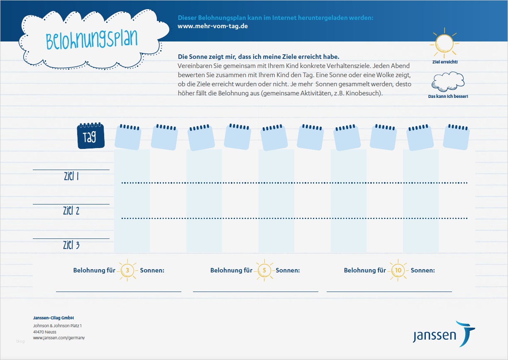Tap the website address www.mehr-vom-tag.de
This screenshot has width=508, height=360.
[213, 26]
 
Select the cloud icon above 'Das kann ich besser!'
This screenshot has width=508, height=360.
[448, 81]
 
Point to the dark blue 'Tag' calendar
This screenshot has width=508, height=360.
[90, 136]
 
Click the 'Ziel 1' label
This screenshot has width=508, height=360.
[71, 177]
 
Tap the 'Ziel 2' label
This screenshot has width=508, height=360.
[71, 211]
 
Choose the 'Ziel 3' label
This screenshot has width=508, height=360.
[71, 246]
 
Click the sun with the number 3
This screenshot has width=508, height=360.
[127, 270]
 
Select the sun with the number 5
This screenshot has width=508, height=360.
[264, 270]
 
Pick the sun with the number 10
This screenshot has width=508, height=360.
[398, 270]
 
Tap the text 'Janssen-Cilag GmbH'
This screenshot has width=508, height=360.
[53, 318]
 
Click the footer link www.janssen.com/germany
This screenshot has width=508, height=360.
[59, 338]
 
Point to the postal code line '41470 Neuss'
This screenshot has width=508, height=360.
[45, 332]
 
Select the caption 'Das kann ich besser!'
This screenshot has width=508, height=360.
[448, 97]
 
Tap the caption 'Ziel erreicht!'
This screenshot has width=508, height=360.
[444, 62]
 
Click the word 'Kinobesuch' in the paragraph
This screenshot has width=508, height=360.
[364, 93]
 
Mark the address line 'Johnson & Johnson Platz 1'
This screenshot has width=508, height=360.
[57, 326]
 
